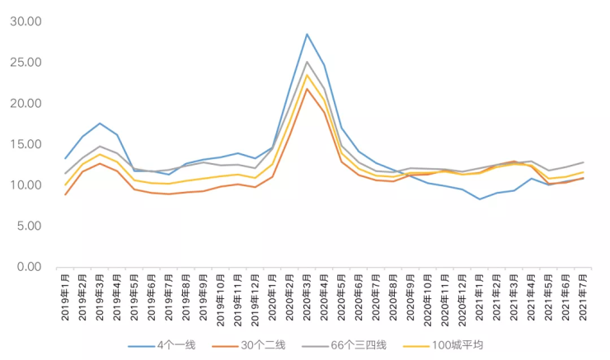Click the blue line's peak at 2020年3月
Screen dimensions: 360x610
click(307, 34)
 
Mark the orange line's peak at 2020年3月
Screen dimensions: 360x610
click(307, 89)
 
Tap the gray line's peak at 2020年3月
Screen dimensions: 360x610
click(307, 62)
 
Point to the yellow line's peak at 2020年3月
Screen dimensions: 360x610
click(307, 75)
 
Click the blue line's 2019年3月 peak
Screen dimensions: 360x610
click(100, 124)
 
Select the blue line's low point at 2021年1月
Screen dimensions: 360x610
click(480, 199)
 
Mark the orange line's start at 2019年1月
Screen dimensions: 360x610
click(65, 194)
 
